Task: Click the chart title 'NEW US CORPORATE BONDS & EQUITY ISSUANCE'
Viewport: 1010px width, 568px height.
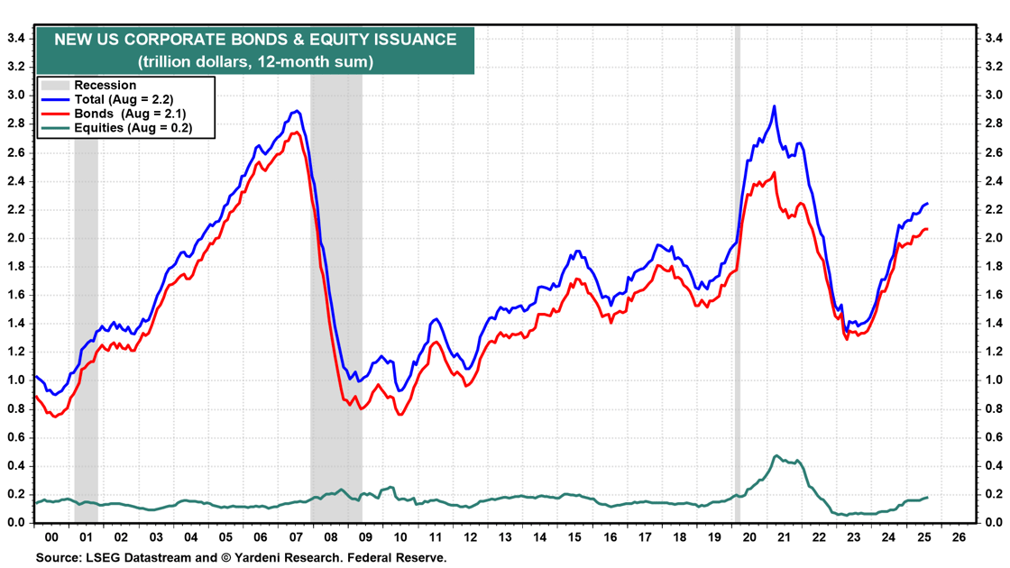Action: pyautogui.click(x=255, y=40)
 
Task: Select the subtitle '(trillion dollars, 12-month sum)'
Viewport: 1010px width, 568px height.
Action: pyautogui.click(x=255, y=62)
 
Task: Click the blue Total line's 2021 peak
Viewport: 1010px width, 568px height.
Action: pyautogui.click(x=774, y=106)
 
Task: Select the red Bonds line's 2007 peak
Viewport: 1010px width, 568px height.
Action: pyautogui.click(x=297, y=133)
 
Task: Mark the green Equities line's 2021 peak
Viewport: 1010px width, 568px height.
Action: pyautogui.click(x=776, y=455)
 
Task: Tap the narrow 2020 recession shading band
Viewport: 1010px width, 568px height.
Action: pyautogui.click(x=737, y=270)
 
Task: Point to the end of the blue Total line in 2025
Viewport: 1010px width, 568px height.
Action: pyautogui.click(x=927, y=204)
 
